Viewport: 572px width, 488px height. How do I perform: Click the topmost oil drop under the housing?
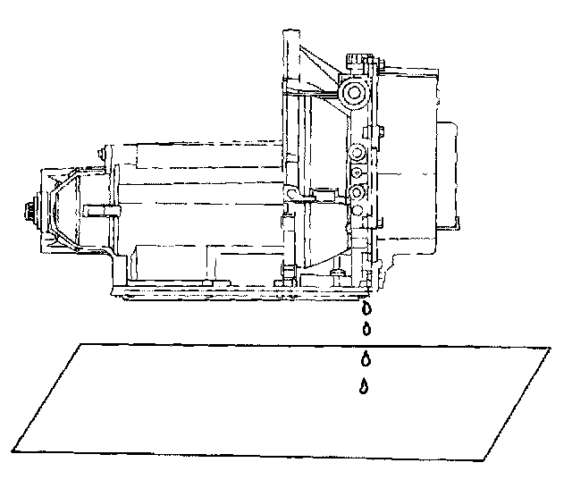coord(366,308)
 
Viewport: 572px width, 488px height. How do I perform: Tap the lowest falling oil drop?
coord(365,386)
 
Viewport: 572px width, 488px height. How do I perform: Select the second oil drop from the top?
coord(366,329)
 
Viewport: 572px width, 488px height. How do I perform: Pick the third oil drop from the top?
coord(365,359)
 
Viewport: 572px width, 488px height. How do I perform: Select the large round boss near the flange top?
coord(350,94)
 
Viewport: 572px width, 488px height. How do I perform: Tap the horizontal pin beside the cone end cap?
coord(100,212)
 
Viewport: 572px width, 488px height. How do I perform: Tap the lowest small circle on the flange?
coord(357,211)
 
